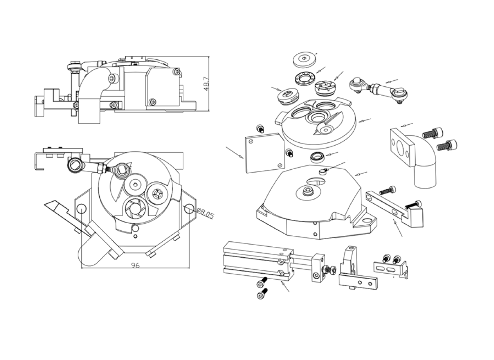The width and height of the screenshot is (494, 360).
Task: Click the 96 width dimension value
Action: (135, 265)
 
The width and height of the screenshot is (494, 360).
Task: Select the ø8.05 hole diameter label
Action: (205, 213)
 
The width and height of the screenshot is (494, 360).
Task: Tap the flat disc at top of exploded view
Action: (304, 59)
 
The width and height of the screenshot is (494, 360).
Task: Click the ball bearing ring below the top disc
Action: (306, 77)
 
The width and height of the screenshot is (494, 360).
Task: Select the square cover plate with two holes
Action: (264, 152)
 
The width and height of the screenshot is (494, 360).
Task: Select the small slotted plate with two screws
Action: (391, 266)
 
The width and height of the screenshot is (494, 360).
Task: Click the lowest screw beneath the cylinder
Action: (262, 293)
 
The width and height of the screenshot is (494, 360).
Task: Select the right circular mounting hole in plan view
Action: (189, 208)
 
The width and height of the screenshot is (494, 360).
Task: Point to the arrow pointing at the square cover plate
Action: (235, 152)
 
